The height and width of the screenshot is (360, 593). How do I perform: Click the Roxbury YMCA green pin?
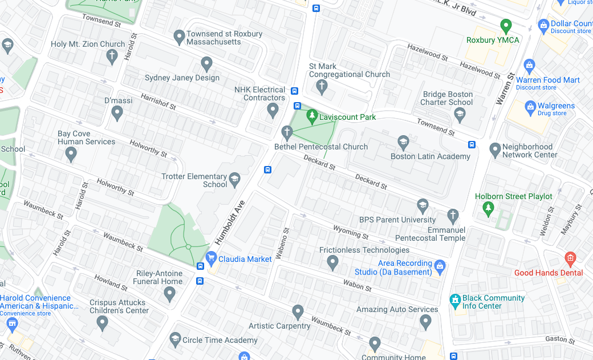click(x=505, y=26)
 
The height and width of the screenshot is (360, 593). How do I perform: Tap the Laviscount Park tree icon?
click(x=311, y=116)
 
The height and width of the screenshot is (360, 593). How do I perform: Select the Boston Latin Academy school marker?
click(x=403, y=142)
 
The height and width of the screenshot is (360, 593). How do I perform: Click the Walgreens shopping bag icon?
click(x=530, y=106)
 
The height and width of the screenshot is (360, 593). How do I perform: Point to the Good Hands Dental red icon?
click(x=570, y=258)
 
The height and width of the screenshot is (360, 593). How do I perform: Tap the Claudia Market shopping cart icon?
click(x=212, y=258)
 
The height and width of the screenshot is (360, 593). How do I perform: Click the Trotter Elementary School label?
click(x=194, y=180)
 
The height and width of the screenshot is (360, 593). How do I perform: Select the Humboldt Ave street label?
click(x=229, y=223)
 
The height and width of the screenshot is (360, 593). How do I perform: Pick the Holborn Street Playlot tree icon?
click(x=488, y=209)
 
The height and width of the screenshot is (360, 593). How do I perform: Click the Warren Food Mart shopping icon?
click(x=529, y=66)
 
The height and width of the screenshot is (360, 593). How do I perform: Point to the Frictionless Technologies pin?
click(x=333, y=262)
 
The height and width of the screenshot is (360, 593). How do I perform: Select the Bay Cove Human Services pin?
click(x=71, y=153)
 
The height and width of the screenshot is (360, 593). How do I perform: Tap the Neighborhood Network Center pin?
click(x=495, y=150)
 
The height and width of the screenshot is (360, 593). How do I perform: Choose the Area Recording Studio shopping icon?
click(x=439, y=265)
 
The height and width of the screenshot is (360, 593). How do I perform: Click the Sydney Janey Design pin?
click(x=207, y=64)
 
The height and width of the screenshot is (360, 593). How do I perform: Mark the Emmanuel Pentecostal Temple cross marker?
click(x=453, y=216)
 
